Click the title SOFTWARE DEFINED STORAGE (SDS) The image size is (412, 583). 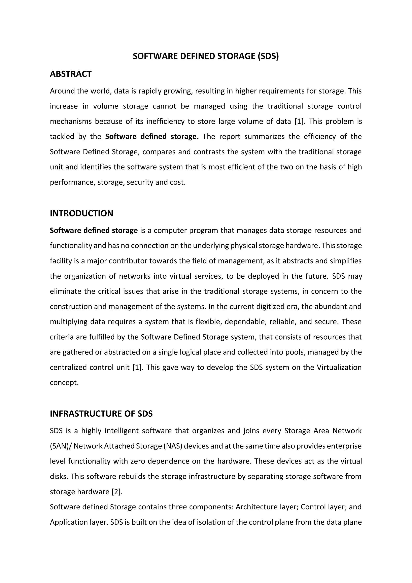[x=206, y=56]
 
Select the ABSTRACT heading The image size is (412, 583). [x=71, y=74]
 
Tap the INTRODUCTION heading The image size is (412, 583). [x=81, y=213]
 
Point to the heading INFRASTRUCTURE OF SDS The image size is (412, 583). [x=101, y=414]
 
